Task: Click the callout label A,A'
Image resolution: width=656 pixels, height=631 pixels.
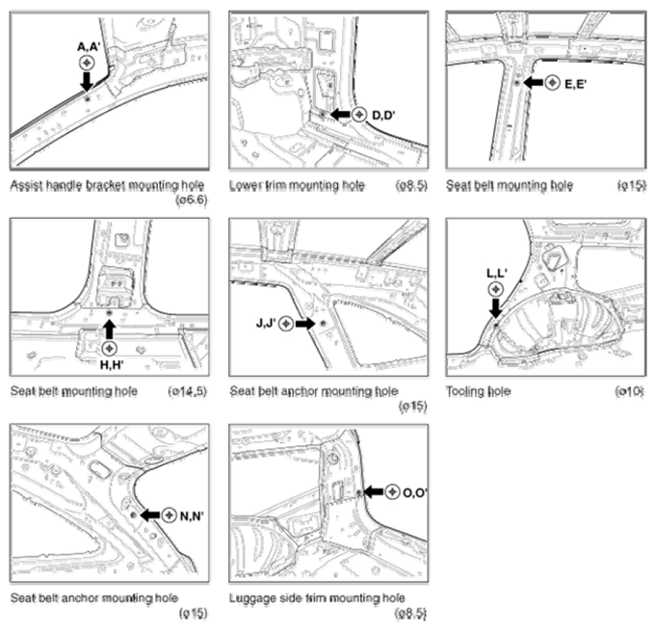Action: [x=88, y=47]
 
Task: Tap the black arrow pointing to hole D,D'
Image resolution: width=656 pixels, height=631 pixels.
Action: [x=340, y=114]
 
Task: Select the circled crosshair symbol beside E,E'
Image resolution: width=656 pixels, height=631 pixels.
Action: [x=552, y=83]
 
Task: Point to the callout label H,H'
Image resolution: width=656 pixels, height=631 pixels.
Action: [x=112, y=365]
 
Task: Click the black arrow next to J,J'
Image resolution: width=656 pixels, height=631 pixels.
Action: [x=305, y=324]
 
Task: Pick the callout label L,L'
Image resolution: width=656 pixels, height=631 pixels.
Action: [x=497, y=274]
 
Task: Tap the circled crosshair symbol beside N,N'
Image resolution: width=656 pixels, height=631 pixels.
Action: [x=169, y=515]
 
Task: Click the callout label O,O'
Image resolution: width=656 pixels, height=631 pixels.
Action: [x=414, y=493]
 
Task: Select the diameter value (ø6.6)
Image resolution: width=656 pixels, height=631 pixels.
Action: [x=191, y=200]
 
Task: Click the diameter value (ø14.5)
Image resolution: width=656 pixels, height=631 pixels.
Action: [x=187, y=391]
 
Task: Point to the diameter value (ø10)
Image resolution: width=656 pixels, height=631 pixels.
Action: [x=629, y=391]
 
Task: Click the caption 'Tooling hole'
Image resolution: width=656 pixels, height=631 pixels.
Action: [x=478, y=391]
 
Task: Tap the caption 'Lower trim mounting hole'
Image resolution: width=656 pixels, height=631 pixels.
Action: [x=297, y=185]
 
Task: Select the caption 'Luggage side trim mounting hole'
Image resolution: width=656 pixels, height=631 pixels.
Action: [x=317, y=598]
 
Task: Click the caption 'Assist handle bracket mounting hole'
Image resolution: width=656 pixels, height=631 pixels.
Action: [x=108, y=185]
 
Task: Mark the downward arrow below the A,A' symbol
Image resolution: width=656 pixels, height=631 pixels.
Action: [x=87, y=81]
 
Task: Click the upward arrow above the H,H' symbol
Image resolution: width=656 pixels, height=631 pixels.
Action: [x=110, y=329]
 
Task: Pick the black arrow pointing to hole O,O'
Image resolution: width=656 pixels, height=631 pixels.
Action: [x=373, y=492]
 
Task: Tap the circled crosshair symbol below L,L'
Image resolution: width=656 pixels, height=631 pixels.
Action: [x=496, y=289]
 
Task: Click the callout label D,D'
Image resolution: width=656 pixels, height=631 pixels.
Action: [x=383, y=115]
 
